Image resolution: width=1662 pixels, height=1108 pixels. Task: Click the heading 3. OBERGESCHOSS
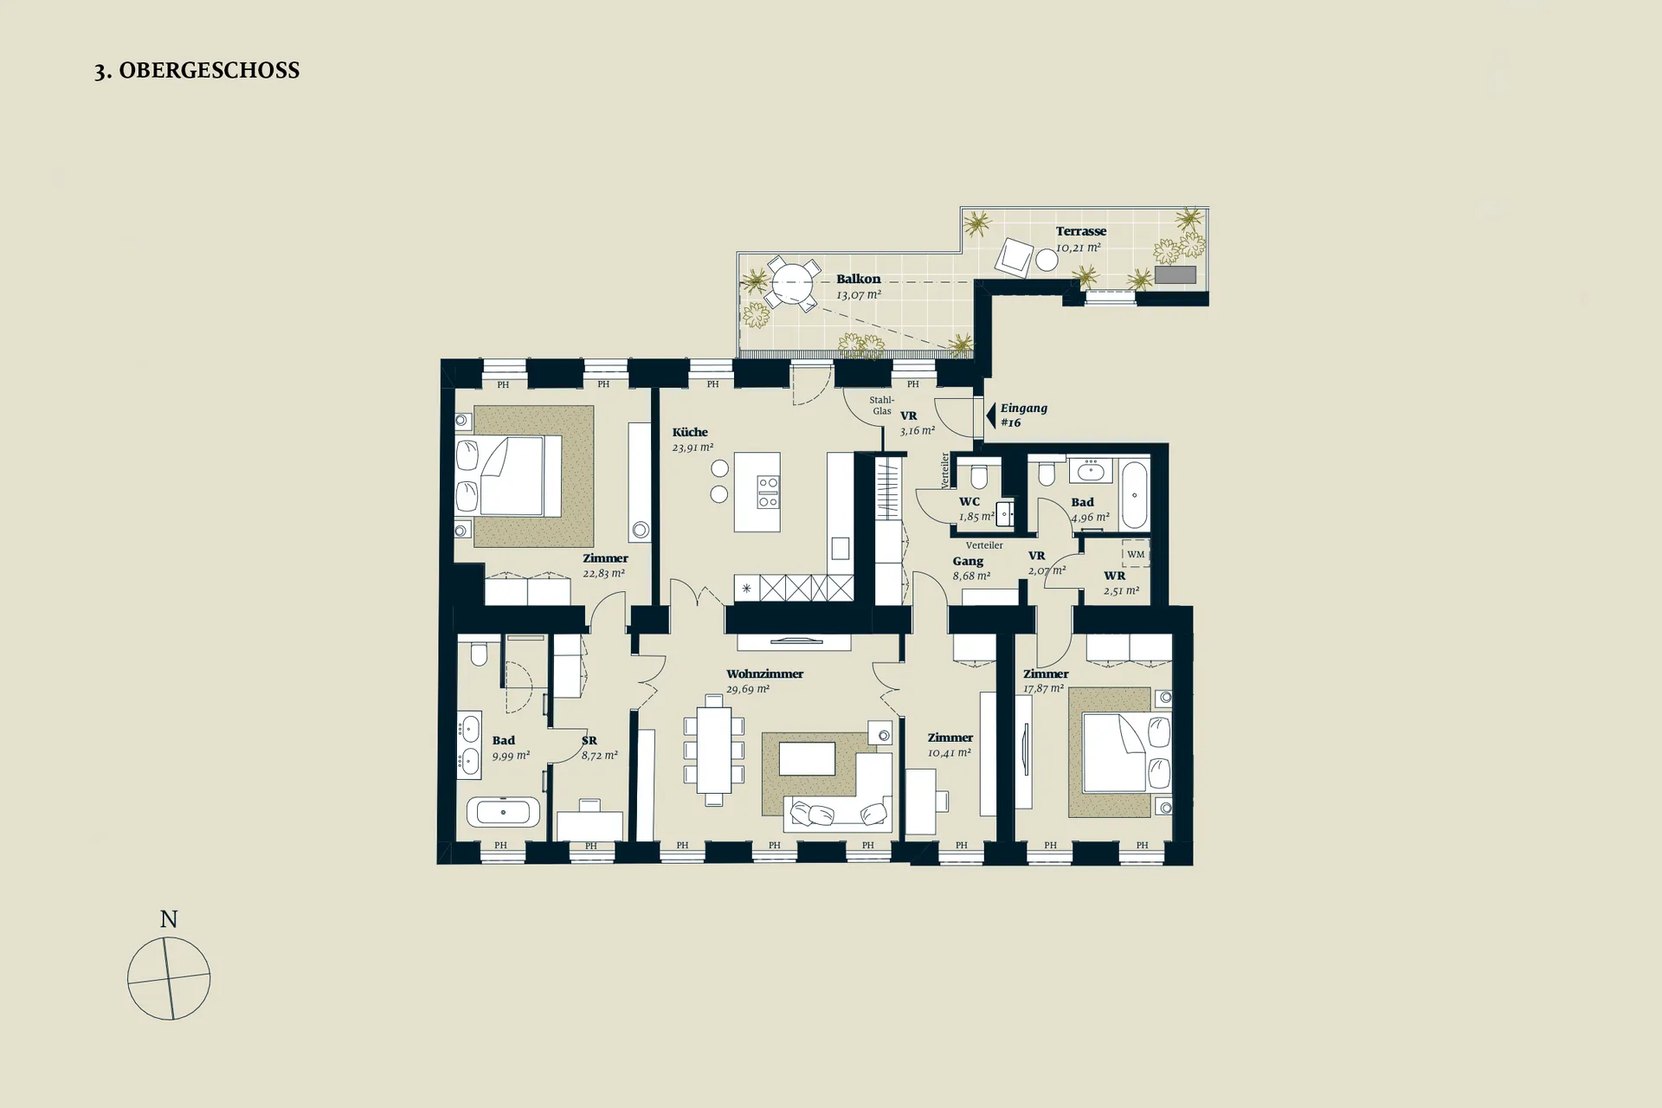tap(197, 71)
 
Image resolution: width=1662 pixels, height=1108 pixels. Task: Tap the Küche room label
tap(690, 432)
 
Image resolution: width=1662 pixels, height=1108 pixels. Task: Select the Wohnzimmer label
tap(764, 673)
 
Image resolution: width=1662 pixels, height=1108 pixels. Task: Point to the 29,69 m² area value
tap(748, 689)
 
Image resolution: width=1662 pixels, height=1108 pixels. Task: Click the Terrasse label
tap(1081, 231)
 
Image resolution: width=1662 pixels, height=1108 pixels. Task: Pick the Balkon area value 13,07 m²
tap(859, 294)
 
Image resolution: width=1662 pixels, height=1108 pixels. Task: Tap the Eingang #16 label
tap(1024, 415)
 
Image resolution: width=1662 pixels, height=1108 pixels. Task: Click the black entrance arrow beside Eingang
tap(990, 415)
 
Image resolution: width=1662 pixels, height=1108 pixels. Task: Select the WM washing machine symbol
tap(1136, 554)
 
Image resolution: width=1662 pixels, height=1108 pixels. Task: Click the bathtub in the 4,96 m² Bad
tap(1134, 495)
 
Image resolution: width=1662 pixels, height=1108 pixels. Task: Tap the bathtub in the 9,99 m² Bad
tap(503, 813)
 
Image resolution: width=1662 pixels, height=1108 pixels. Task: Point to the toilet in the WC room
tap(979, 475)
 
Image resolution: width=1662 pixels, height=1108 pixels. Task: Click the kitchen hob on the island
tap(768, 492)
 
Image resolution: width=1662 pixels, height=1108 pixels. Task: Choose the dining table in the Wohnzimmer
tap(714, 750)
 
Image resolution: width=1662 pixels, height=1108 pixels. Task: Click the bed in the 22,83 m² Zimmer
tap(510, 477)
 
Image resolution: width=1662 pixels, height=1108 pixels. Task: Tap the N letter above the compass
tap(169, 919)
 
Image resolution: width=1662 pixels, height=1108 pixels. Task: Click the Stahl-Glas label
tap(882, 405)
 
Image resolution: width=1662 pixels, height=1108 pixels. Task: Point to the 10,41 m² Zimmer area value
tap(950, 753)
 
